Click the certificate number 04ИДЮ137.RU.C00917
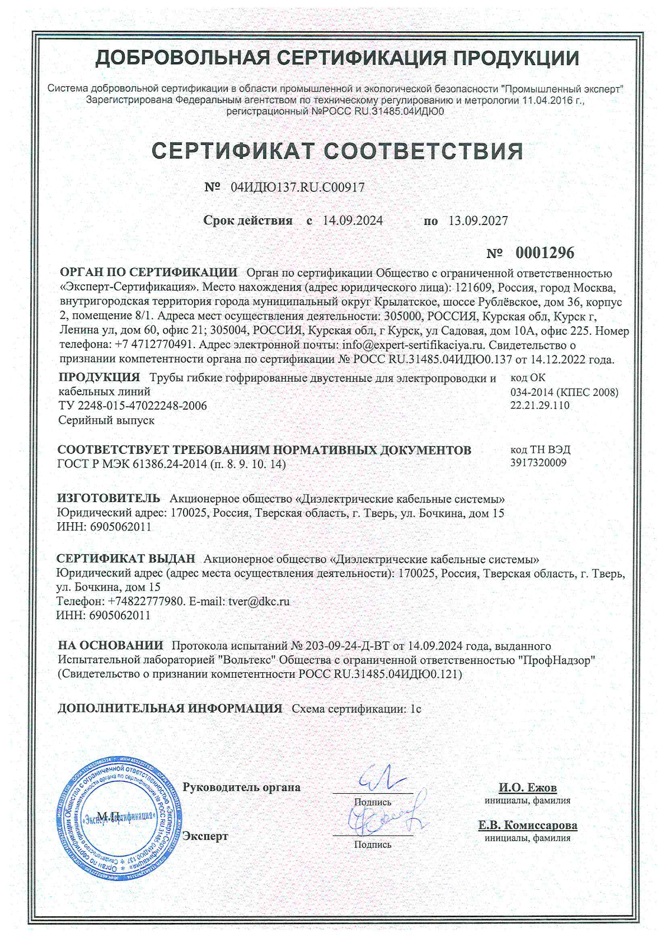(x=297, y=188)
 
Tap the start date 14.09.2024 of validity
(x=353, y=221)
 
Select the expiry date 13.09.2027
(x=478, y=221)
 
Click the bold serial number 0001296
(x=545, y=253)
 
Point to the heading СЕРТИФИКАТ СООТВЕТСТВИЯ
(x=338, y=151)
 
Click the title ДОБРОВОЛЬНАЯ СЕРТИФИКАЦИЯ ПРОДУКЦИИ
(x=337, y=58)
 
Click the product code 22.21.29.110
(x=540, y=405)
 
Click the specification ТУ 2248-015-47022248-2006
(x=133, y=405)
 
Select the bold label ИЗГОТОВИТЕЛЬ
(x=109, y=498)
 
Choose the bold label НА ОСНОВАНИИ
(x=111, y=646)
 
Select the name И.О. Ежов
(x=528, y=788)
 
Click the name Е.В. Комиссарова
(x=527, y=826)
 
